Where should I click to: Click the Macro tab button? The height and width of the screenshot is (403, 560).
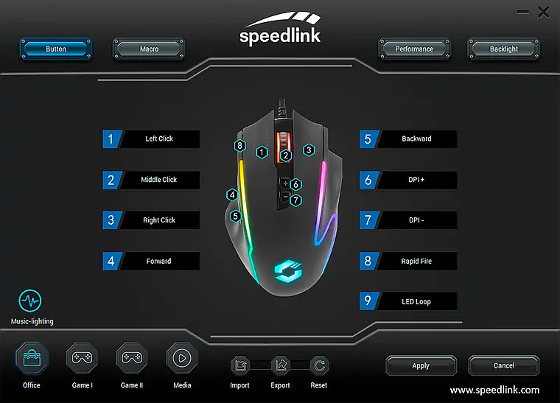(149, 49)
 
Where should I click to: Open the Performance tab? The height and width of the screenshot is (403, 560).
(414, 49)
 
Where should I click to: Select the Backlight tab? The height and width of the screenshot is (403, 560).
(503, 49)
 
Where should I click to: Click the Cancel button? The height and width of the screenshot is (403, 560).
(503, 365)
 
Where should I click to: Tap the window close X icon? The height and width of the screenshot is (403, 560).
(544, 13)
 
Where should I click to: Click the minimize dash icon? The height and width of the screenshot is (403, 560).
(523, 12)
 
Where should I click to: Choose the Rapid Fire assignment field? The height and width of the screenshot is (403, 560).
(416, 262)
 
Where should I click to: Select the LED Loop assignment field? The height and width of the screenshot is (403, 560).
(416, 301)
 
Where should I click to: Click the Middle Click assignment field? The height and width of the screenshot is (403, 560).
(159, 180)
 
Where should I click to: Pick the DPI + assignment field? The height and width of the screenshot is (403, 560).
(416, 180)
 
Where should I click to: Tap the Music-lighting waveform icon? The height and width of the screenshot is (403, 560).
(30, 301)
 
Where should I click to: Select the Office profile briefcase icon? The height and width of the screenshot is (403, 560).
(32, 358)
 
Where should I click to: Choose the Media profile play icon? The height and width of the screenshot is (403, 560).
(182, 358)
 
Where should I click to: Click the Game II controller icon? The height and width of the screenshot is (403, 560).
(132, 358)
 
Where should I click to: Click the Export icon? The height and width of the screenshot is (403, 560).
(280, 365)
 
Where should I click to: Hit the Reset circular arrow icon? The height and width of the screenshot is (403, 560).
(319, 365)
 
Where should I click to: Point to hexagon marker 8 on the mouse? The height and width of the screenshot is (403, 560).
(240, 146)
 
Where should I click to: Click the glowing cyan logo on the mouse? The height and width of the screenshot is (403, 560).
(288, 273)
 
